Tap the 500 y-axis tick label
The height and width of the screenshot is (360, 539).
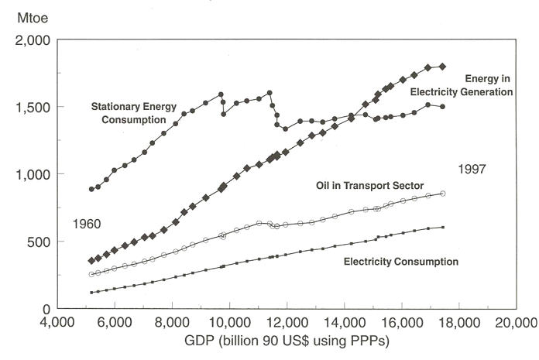pyautogui.click(x=38, y=242)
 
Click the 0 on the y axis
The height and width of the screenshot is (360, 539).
pyautogui.click(x=47, y=309)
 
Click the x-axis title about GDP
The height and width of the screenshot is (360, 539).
pyautogui.click(x=286, y=341)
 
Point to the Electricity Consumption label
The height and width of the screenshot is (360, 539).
pyautogui.click(x=400, y=262)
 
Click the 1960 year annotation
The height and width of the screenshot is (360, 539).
pyautogui.click(x=88, y=225)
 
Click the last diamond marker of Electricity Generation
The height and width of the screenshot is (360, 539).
pyautogui.click(x=443, y=67)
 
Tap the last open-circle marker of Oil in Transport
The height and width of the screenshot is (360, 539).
pyautogui.click(x=443, y=193)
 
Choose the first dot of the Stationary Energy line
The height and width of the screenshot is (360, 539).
pyautogui.click(x=91, y=189)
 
